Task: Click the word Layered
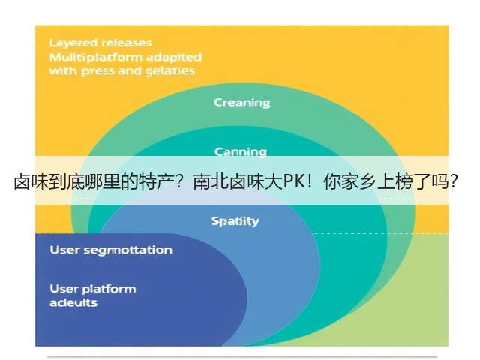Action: (73, 43)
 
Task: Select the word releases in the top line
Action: (127, 43)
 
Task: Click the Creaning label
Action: (241, 103)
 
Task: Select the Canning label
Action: (240, 151)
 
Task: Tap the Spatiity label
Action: (235, 221)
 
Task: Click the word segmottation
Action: (128, 250)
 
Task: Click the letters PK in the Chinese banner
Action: (294, 182)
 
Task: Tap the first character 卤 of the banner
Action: (22, 182)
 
